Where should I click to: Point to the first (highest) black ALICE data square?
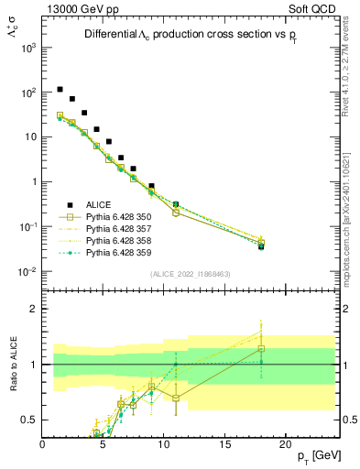(60, 90)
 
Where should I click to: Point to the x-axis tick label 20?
(285, 444)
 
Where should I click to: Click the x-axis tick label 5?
(103, 444)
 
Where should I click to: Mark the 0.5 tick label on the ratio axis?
(28, 420)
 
